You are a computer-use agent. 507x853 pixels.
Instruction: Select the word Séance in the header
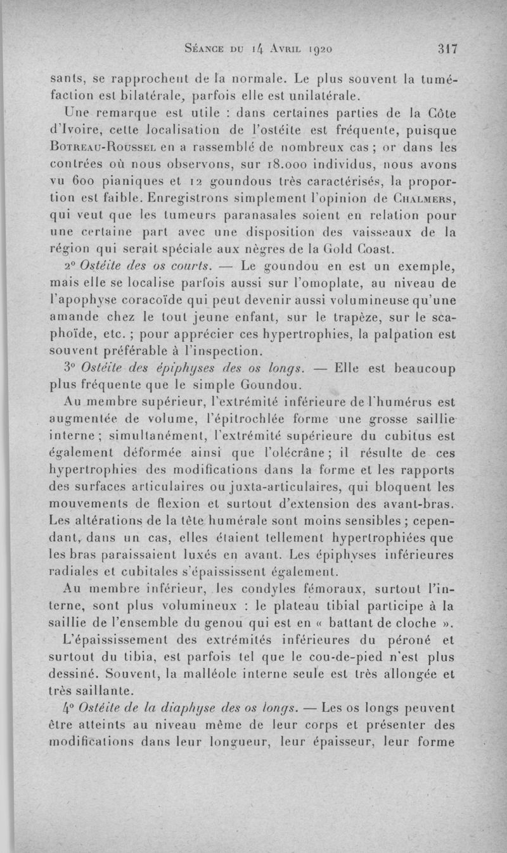coord(203,48)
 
